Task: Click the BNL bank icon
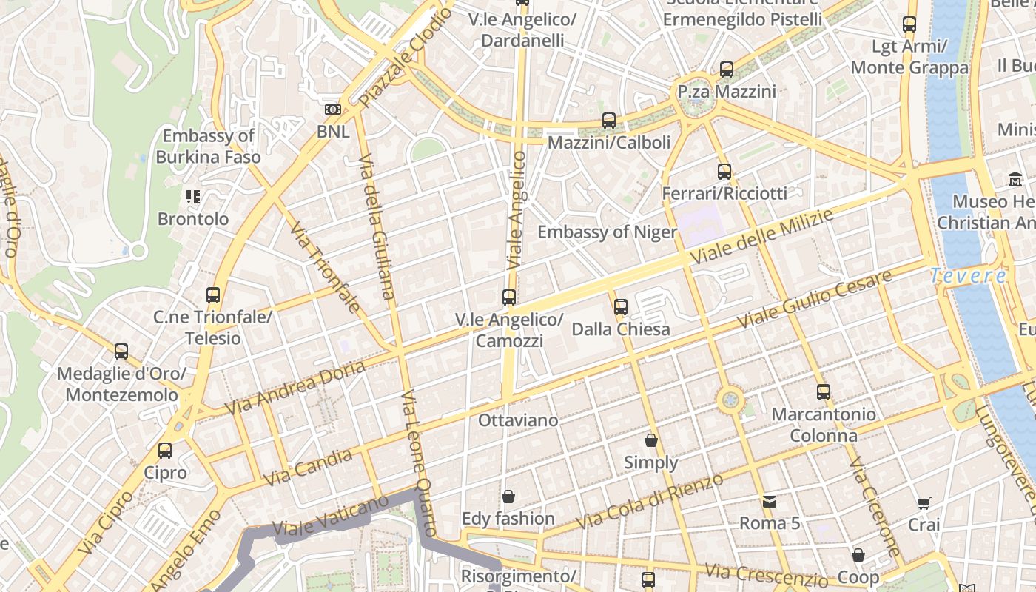pos(333,110)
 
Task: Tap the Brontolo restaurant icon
pos(193,197)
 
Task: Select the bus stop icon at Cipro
pos(165,450)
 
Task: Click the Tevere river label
pos(968,276)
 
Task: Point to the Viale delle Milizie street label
pos(762,237)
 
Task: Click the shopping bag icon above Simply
pos(651,440)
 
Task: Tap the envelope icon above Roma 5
pos(770,501)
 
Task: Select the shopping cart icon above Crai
pos(924,504)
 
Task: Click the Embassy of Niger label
pos(607,232)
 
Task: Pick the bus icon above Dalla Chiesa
pos(621,306)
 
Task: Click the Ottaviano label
pos(518,420)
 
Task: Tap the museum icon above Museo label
pos(1015,179)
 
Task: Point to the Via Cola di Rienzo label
pos(650,501)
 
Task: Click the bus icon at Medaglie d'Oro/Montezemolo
pos(121,351)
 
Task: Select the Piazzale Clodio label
pos(405,58)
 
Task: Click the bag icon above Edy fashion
pos(508,496)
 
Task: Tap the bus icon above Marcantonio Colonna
pos(824,392)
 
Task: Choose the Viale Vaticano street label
pos(330,516)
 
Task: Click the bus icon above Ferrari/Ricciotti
pos(724,172)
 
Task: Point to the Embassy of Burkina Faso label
pos(208,146)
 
